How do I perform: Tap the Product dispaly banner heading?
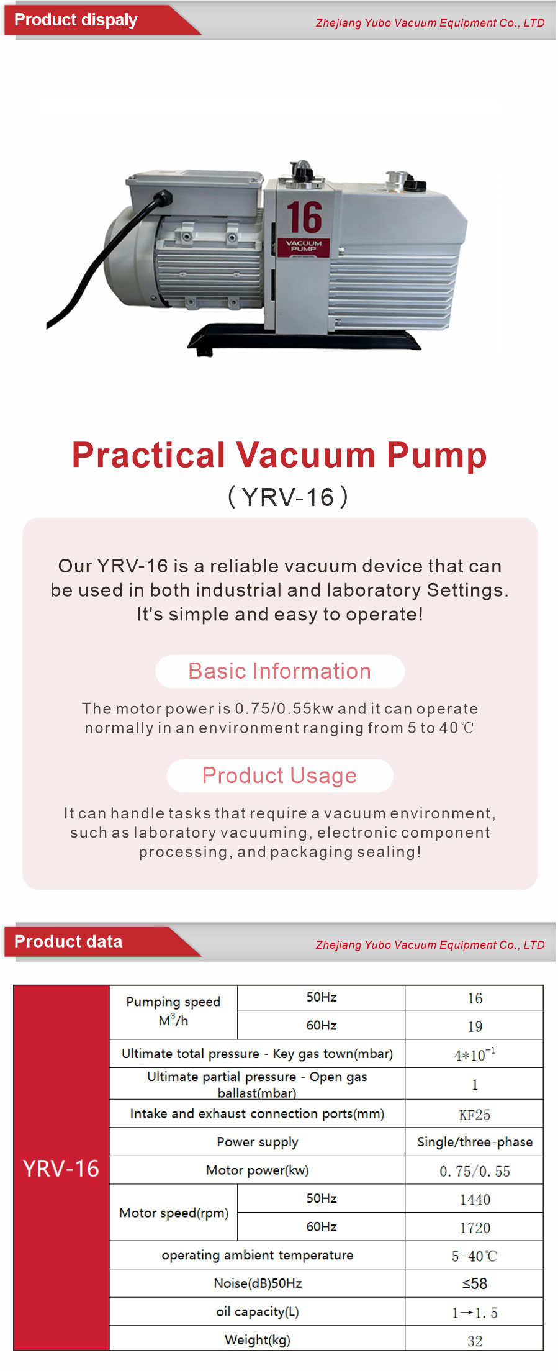click(76, 20)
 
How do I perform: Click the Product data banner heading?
click(68, 941)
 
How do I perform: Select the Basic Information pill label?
click(280, 671)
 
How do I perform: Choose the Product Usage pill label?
click(280, 776)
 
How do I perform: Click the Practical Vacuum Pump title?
click(279, 455)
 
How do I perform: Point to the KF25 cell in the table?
click(475, 1115)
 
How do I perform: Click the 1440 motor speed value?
click(475, 1200)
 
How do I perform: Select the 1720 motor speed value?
click(475, 1228)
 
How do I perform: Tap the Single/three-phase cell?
click(475, 1142)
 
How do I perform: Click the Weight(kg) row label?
click(258, 1340)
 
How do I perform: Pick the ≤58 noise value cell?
click(475, 1283)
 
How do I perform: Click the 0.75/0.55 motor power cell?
click(475, 1172)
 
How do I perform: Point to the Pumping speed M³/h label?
click(173, 1011)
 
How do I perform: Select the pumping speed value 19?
click(475, 1026)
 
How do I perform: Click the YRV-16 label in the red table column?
click(61, 1169)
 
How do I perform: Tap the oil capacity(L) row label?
click(258, 1312)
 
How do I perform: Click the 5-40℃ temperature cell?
click(475, 1256)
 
